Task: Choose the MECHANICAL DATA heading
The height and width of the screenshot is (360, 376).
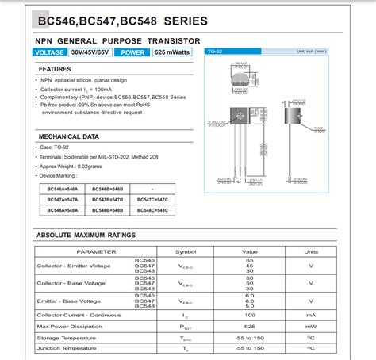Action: point(69,136)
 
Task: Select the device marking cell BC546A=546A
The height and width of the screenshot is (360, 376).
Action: point(62,189)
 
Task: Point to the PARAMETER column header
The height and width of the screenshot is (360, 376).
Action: point(97,251)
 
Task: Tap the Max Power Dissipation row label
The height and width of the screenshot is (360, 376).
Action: point(71,326)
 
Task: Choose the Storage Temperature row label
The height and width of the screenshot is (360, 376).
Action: point(67,337)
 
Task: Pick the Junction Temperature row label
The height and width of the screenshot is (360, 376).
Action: point(67,347)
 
